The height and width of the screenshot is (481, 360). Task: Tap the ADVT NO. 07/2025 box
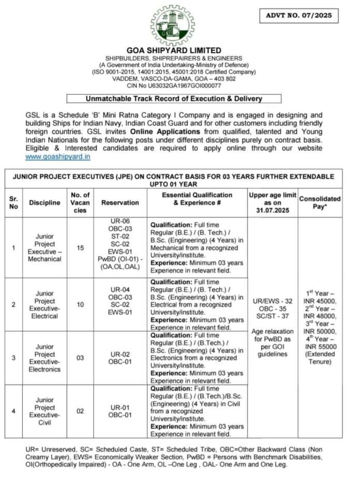click(x=299, y=16)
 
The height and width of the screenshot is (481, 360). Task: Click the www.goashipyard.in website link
click(x=58, y=156)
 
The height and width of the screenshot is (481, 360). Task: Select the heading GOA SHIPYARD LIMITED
click(x=174, y=51)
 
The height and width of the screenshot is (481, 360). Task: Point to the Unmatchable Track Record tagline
click(x=174, y=98)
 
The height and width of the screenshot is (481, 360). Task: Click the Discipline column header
click(x=44, y=202)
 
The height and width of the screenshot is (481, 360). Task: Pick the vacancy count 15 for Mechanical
click(x=80, y=247)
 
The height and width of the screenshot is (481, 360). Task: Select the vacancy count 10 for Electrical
click(x=80, y=304)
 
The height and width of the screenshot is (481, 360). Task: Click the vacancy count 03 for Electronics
click(x=80, y=358)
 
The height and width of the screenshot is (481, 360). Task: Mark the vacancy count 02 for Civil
click(x=80, y=411)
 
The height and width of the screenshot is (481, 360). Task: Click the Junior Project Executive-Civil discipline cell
click(x=44, y=411)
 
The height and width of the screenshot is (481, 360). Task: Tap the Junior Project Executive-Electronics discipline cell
click(x=44, y=358)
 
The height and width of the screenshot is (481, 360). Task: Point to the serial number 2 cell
click(x=13, y=304)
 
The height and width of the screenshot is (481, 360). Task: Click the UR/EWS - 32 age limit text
click(x=273, y=300)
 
